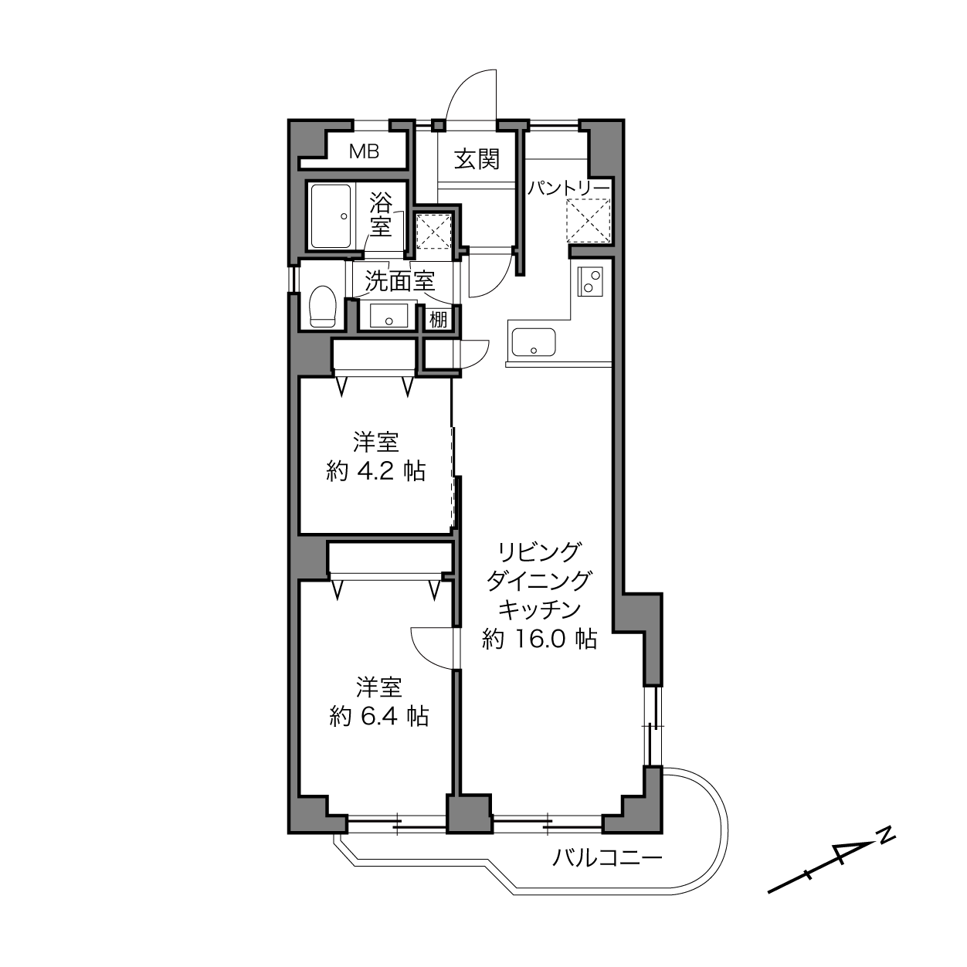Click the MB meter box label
(364, 151)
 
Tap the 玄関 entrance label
(477, 160)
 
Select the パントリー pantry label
(568, 188)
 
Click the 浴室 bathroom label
(381, 214)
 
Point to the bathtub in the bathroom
(331, 216)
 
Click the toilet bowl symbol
(322, 306)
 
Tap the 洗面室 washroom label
(399, 281)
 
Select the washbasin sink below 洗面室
(388, 315)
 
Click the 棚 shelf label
(438, 319)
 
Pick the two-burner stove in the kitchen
(590, 281)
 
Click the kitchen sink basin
(533, 342)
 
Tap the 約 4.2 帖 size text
(376, 471)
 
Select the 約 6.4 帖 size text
(379, 716)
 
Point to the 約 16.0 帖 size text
(539, 639)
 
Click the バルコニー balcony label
(607, 859)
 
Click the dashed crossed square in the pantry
(588, 221)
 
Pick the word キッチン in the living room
(539, 609)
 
